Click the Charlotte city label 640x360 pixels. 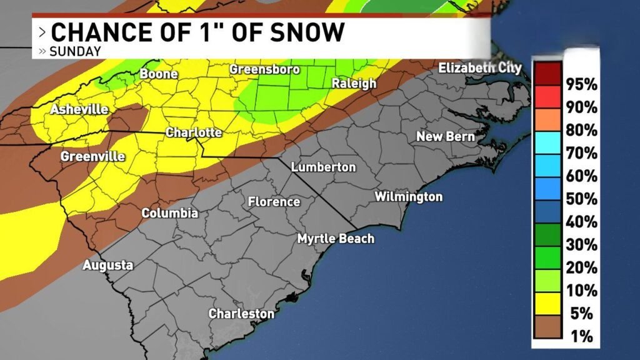[193, 132]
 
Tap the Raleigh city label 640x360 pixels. [354, 83]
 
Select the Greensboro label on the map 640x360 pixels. [264, 69]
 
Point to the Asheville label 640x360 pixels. [79, 109]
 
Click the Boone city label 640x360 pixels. [159, 74]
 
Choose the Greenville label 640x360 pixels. [92, 156]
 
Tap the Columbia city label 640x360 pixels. [169, 213]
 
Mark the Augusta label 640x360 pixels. [108, 265]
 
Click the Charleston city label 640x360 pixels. [241, 313]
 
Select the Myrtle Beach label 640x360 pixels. [336, 238]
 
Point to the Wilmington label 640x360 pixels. [408, 197]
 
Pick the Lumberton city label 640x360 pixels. [323, 167]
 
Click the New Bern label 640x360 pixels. [446, 136]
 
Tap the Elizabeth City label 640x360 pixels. [479, 68]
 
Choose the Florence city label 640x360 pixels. [274, 202]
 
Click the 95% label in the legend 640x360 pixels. [581, 84]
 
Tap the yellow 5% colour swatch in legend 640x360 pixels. [548, 312]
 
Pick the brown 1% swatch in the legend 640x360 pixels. [548, 336]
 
